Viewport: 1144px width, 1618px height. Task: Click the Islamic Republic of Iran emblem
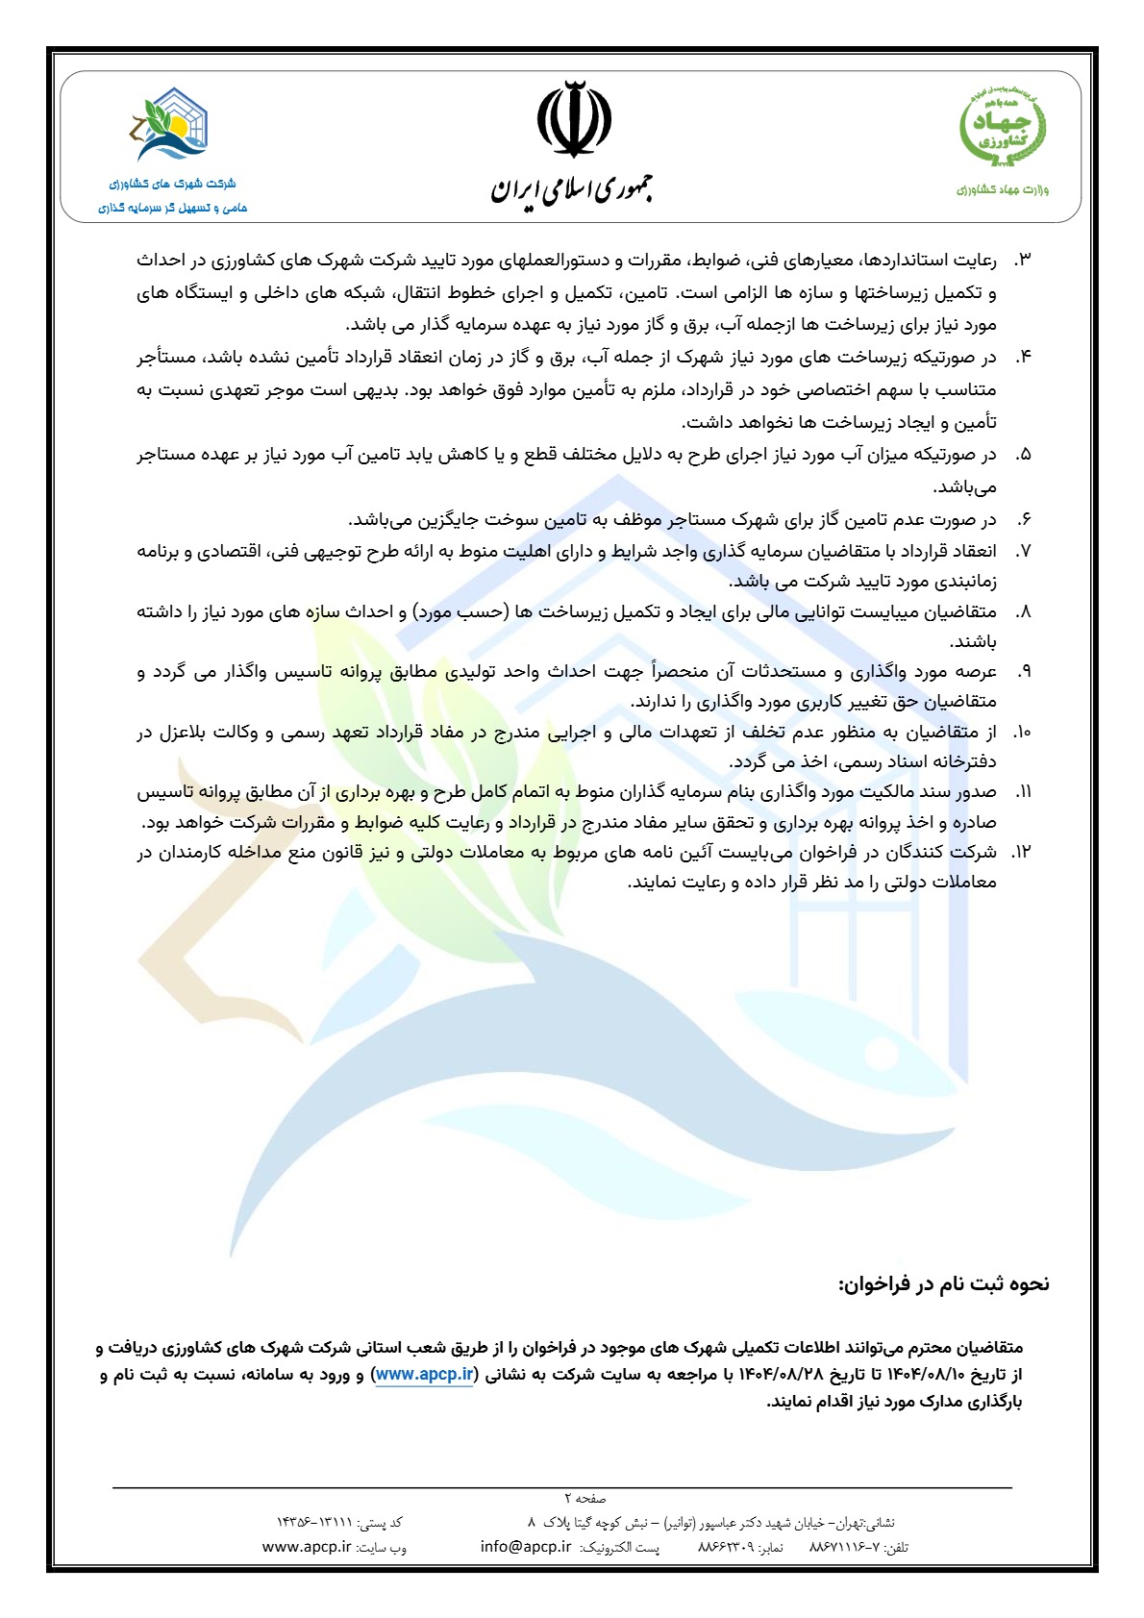573,120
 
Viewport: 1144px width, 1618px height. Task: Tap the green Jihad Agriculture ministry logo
1004,126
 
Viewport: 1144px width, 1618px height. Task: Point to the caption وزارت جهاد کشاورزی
1003,189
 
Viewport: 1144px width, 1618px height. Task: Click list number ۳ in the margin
1022,261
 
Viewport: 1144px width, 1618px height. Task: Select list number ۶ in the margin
1023,520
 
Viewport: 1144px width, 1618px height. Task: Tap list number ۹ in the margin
1023,671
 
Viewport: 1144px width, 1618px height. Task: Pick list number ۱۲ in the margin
1020,852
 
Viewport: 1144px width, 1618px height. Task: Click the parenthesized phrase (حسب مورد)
455,611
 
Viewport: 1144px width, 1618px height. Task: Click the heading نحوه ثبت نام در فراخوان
944,1283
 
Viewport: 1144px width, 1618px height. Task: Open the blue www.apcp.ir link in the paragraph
424,1375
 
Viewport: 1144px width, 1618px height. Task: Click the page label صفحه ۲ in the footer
584,1498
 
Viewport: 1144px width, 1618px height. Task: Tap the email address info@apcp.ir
526,1547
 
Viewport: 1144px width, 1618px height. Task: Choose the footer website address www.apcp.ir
307,1547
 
